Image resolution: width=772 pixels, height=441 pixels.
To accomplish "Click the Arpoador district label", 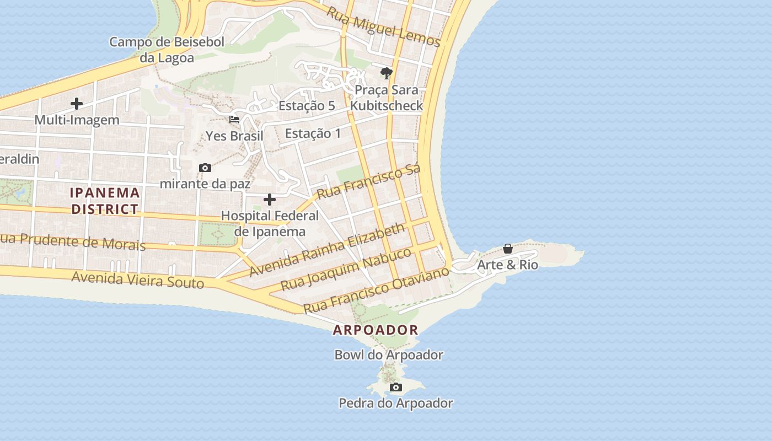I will (376, 330).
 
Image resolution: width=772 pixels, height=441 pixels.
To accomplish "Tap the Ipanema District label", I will (105, 201).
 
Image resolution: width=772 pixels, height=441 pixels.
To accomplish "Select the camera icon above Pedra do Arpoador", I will (396, 388).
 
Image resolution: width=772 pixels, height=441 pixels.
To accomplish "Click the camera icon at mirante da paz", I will (205, 168).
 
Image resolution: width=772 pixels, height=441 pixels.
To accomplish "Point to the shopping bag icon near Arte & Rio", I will (507, 249).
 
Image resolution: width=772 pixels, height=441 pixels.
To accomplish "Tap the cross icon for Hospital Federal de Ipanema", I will (270, 200).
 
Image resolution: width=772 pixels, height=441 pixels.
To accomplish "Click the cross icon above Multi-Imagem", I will (77, 103).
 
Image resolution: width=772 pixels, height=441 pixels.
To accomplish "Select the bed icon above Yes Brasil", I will (234, 119).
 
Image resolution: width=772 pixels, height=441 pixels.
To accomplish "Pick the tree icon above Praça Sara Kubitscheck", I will (387, 73).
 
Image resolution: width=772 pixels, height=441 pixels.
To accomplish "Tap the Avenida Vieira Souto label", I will (138, 279).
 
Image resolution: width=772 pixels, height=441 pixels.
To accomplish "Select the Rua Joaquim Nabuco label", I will (346, 269).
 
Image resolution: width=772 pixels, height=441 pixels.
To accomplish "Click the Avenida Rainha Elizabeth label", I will (328, 250).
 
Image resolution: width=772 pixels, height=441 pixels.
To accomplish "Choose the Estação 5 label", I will (307, 106).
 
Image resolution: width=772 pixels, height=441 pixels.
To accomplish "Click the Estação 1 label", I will (313, 133).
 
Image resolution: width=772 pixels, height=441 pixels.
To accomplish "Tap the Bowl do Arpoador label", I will (389, 355).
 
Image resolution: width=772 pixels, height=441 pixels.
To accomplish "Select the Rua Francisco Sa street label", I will (369, 181).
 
